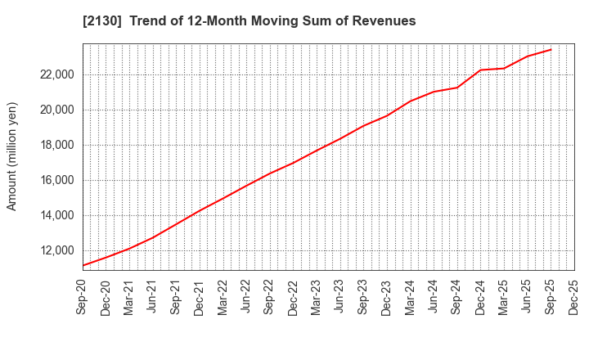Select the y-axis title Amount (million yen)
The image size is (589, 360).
(12, 156)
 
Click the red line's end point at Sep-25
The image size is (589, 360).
(551, 49)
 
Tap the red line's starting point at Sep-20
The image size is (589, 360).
(83, 265)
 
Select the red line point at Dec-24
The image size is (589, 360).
(480, 70)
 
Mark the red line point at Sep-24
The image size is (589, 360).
(457, 88)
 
